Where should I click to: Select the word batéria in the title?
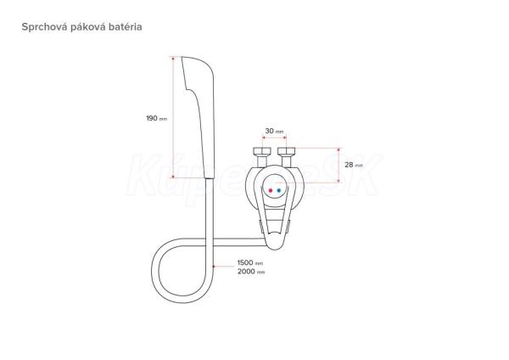tap(126, 26)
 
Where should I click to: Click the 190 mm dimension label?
tap(156, 118)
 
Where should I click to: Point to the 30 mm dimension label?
tap(274, 131)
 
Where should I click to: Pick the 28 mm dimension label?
tap(354, 165)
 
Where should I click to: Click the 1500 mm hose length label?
tap(250, 262)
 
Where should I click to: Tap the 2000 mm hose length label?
tap(251, 272)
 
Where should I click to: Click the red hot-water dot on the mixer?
tap(271, 190)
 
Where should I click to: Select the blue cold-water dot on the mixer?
tap(279, 190)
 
